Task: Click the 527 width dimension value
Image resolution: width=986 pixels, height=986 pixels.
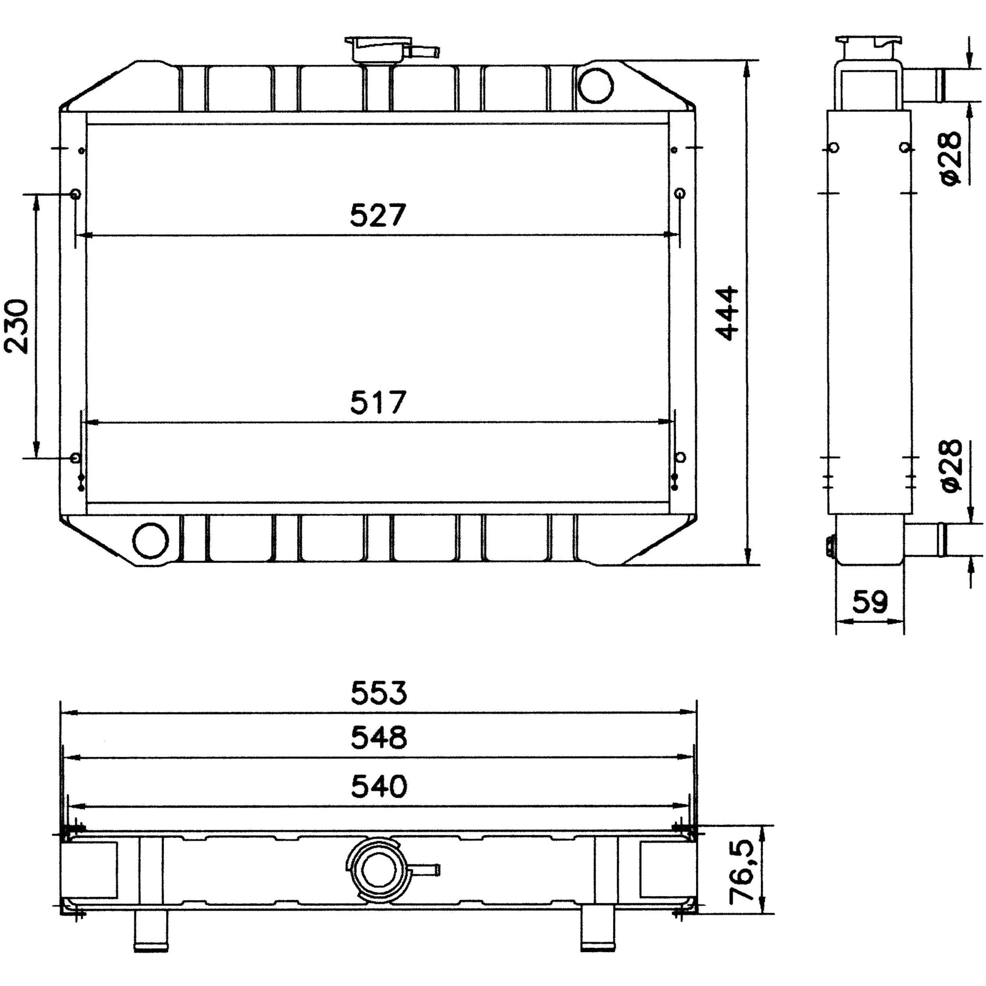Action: click(378, 215)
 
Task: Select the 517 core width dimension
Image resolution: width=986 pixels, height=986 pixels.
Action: click(378, 402)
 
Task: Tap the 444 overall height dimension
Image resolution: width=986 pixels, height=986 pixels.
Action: click(727, 312)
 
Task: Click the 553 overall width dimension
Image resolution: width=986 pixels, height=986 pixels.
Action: click(379, 693)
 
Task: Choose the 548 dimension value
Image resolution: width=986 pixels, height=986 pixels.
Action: click(379, 738)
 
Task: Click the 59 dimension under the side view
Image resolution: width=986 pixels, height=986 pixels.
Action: click(870, 602)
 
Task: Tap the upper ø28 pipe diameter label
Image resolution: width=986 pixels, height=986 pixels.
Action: click(950, 158)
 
